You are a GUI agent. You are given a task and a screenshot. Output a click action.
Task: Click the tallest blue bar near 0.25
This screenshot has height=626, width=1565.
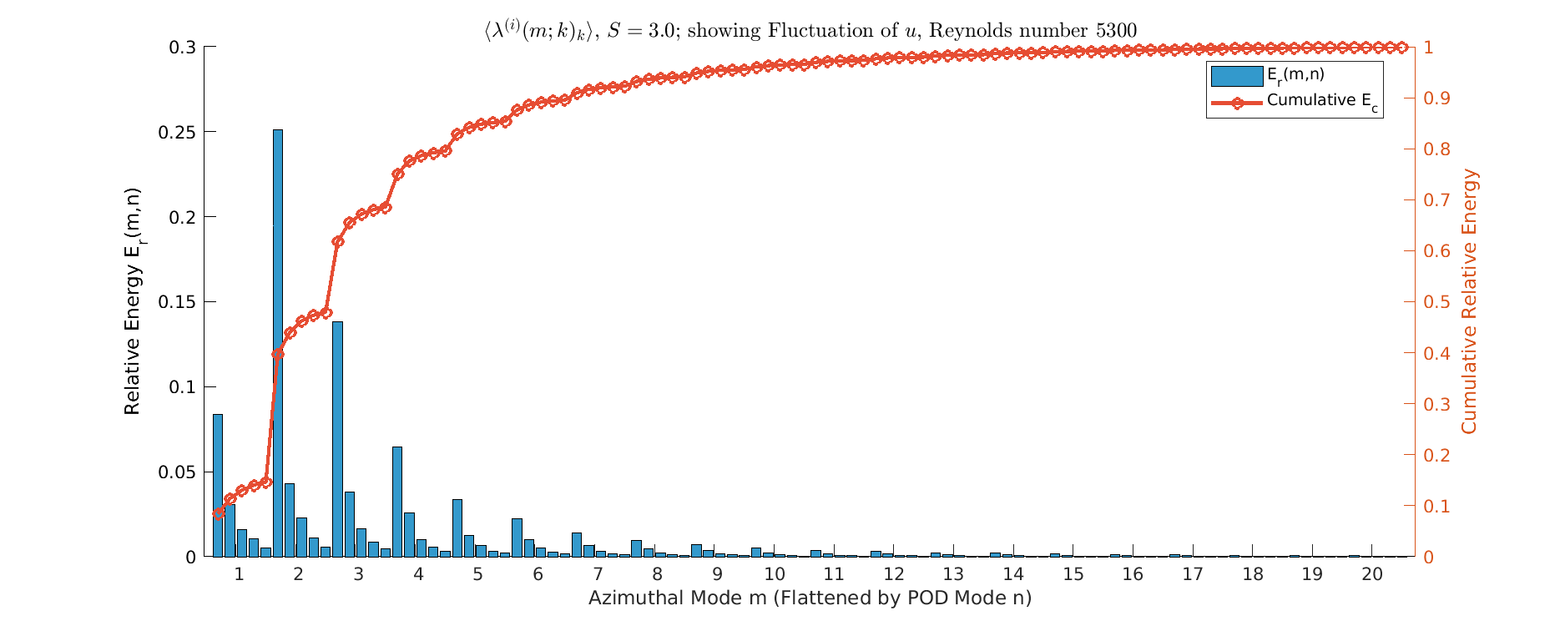pos(278,342)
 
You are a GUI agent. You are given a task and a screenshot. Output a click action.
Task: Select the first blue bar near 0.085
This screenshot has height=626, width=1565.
pos(218,484)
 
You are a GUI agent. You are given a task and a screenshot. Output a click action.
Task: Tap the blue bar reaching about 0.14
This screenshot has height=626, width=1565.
pos(337,438)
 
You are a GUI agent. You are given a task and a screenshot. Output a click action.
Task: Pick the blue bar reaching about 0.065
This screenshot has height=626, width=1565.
pos(397,501)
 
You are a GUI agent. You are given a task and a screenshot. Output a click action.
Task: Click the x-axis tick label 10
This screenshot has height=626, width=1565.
pos(775,574)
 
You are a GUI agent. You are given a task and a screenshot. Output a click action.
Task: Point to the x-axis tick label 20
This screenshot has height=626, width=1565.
pos(1372,574)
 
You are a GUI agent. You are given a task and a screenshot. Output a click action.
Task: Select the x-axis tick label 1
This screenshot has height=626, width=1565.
pos(239,574)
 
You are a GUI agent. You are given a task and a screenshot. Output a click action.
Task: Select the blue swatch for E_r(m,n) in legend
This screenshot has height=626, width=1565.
pos(1236,76)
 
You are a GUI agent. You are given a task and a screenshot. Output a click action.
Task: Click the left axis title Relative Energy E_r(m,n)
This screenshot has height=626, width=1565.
pos(134,300)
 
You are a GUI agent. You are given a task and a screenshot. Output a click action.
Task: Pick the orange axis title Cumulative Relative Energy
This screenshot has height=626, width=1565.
pos(1469,300)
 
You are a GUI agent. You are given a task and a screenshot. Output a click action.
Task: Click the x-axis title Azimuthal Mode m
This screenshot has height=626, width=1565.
pos(810,598)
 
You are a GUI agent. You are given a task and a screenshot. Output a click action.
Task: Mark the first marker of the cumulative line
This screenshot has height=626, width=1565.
pos(219,513)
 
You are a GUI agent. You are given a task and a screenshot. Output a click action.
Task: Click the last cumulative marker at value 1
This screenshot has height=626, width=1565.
pos(1402,48)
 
